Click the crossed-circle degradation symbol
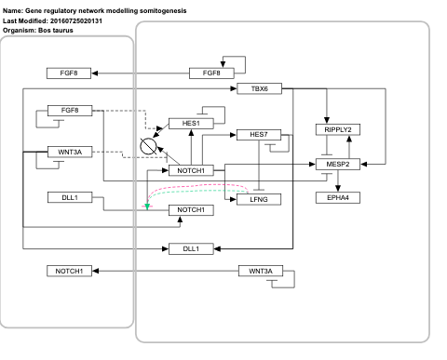[147, 146]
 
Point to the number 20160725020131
[85, 20]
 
